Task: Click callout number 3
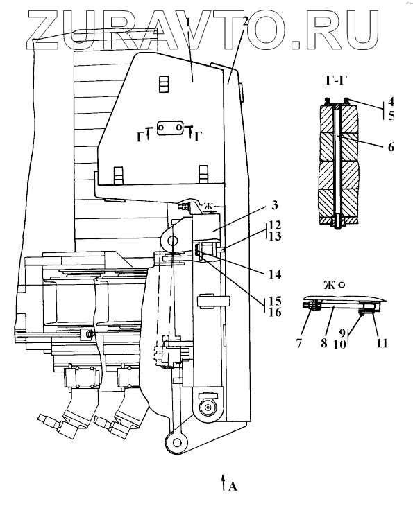click(x=274, y=205)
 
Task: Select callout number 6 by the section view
click(x=391, y=147)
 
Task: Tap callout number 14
click(x=275, y=274)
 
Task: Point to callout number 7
click(x=299, y=343)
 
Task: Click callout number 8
click(x=324, y=342)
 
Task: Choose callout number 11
click(x=382, y=343)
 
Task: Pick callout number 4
click(x=391, y=103)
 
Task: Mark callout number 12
click(x=275, y=225)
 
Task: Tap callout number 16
click(x=275, y=313)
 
